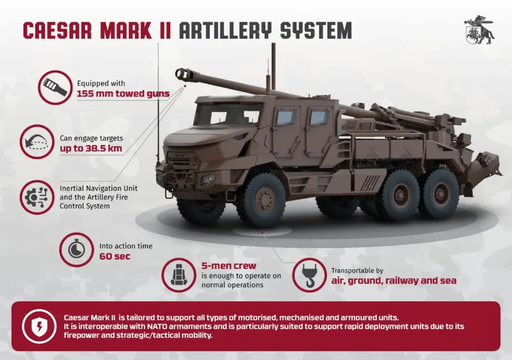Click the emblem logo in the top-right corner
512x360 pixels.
tap(479, 30)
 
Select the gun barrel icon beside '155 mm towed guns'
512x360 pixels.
tap(55, 88)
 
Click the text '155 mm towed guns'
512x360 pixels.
tap(123, 94)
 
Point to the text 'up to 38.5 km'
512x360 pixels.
tap(91, 149)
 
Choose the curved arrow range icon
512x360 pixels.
tap(37, 142)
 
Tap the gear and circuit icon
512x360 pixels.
tap(37, 197)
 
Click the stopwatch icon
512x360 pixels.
tap(76, 250)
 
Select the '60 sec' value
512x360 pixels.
tap(115, 256)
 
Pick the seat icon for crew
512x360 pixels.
tap(179, 275)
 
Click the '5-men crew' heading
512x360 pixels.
tap(229, 266)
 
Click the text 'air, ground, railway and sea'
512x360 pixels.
tap(394, 281)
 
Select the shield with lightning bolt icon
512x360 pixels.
tap(39, 326)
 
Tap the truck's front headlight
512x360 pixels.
tap(208, 180)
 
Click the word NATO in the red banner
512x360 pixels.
tap(157, 326)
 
